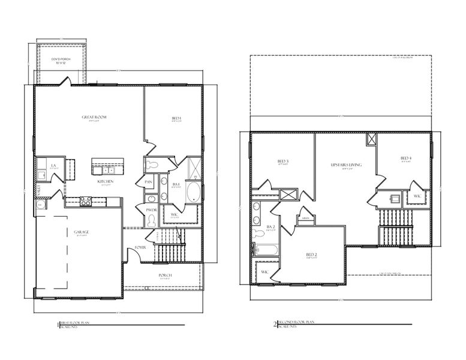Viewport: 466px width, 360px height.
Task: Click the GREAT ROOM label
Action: pos(94,117)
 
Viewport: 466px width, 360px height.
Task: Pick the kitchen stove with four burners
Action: pos(86,201)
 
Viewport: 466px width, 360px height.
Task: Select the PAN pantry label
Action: pos(148,181)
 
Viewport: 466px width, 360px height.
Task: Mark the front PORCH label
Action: pos(165,275)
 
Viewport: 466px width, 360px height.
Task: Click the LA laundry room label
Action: pos(53,166)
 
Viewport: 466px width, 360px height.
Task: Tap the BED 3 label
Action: pos(283,161)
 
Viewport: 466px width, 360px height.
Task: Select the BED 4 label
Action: pos(405,158)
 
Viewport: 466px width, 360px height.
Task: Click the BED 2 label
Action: pos(311,254)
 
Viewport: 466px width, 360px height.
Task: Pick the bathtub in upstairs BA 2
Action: pos(266,249)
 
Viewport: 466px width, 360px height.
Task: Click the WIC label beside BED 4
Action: pos(417,196)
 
